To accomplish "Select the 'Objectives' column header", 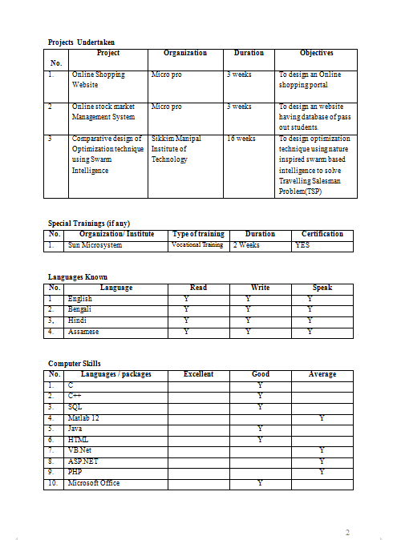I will (x=316, y=53).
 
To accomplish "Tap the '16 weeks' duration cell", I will (x=241, y=139).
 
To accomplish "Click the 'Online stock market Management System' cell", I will (x=103, y=111).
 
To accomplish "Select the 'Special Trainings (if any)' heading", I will (x=89, y=224).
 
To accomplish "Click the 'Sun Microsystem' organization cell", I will (x=95, y=245).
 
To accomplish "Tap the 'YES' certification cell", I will (x=302, y=245).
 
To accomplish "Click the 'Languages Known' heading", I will (x=78, y=276).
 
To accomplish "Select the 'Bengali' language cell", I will (x=80, y=309).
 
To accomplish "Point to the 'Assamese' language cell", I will (x=83, y=331).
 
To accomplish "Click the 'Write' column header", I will (x=259, y=287).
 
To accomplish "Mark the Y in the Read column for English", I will (x=186, y=299).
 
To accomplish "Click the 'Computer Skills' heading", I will (x=75, y=364).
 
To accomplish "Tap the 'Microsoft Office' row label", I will (x=94, y=483).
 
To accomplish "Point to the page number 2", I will (x=347, y=533).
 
